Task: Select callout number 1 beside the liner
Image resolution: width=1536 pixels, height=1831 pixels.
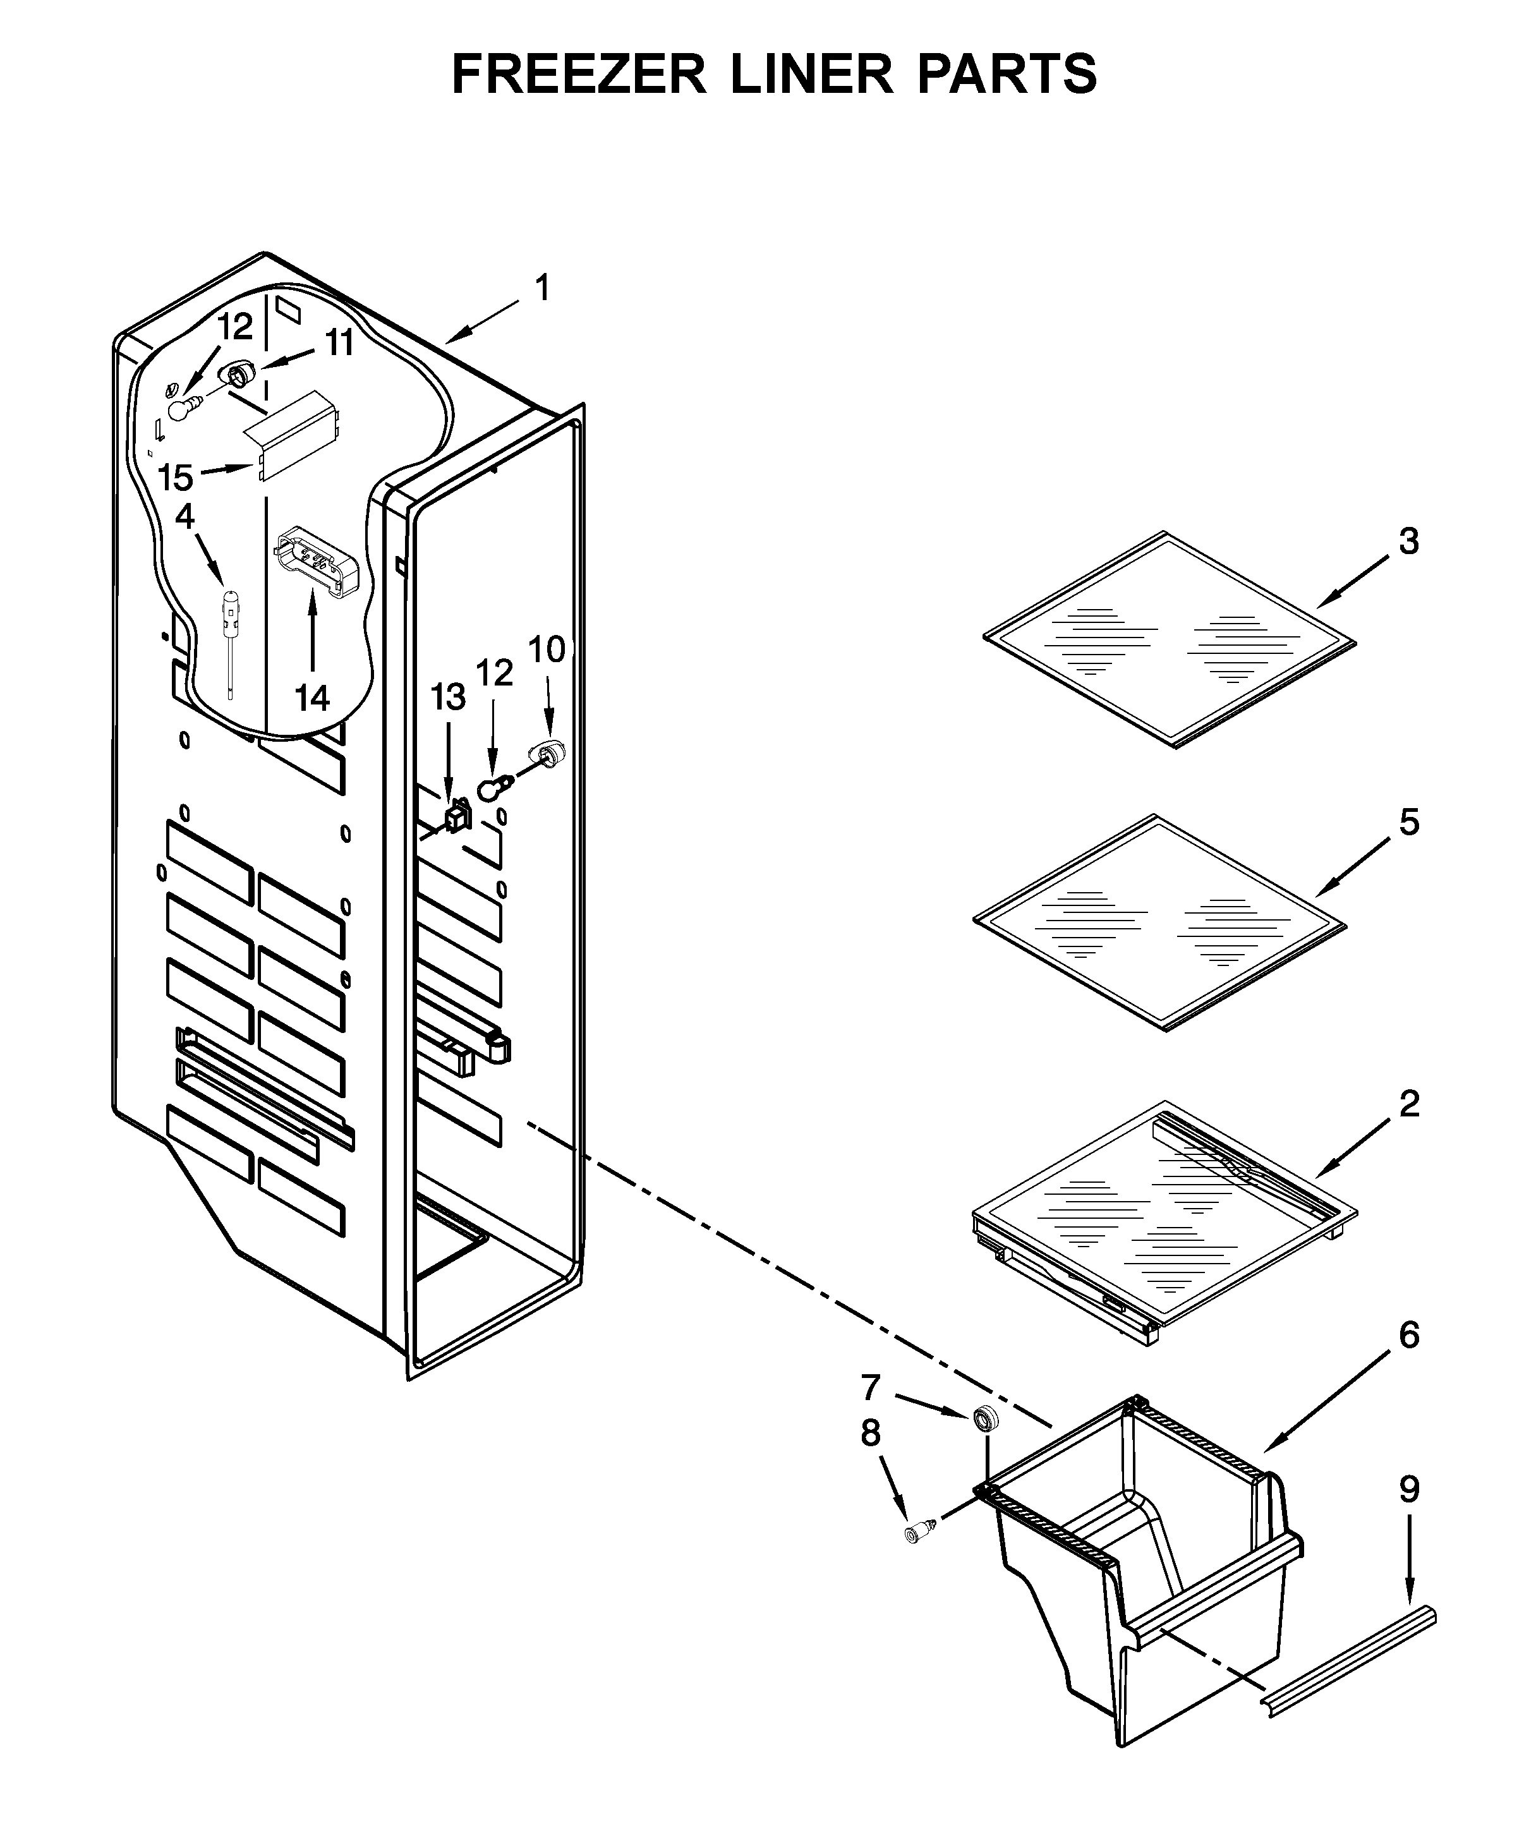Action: point(542,287)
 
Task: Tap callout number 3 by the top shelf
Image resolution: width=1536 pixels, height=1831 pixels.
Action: point(1409,541)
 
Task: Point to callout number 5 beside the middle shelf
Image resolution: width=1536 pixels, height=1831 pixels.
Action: point(1410,822)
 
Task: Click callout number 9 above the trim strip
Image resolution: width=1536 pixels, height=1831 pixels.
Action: point(1410,1490)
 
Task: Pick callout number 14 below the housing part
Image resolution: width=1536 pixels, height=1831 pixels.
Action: point(312,697)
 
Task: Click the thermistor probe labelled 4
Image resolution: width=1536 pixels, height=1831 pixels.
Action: point(230,621)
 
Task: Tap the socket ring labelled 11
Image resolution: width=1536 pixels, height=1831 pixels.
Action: point(236,376)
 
